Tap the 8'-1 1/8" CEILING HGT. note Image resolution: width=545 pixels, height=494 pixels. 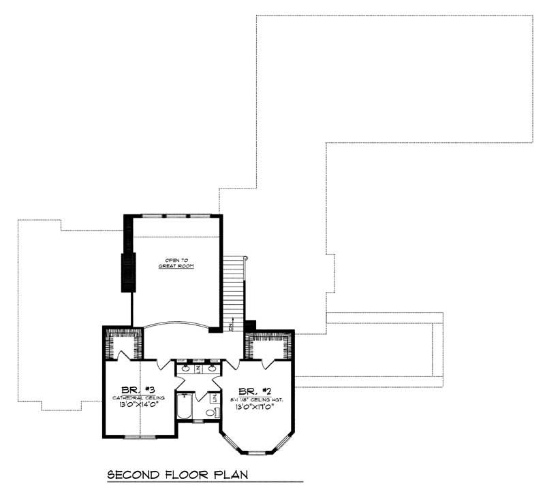coord(256,399)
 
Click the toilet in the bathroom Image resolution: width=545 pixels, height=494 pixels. coord(211,412)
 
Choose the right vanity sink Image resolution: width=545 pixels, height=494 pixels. coord(213,368)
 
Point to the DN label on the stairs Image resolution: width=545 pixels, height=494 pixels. coord(232,327)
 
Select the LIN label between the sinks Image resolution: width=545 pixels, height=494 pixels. coord(198,368)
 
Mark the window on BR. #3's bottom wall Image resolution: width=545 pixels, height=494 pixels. coord(140,437)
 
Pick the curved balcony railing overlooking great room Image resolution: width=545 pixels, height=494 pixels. coord(177,325)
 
